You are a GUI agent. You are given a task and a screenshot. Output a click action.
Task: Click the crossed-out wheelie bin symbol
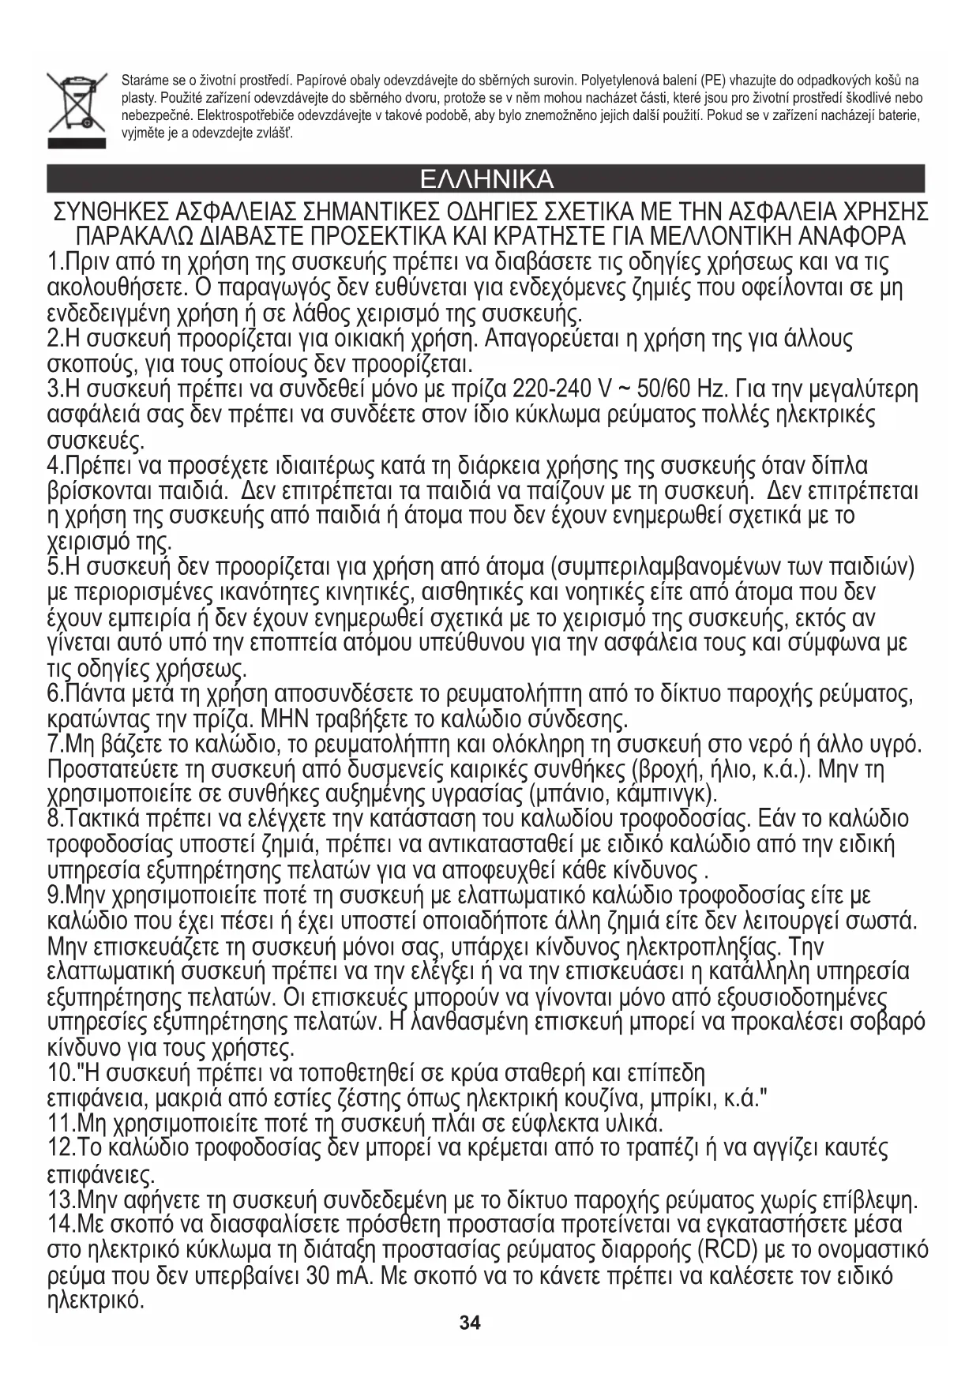click(x=77, y=107)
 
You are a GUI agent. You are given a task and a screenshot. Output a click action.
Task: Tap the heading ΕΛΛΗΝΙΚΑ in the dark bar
click(x=486, y=179)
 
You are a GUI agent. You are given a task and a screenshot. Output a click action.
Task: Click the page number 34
click(x=471, y=1323)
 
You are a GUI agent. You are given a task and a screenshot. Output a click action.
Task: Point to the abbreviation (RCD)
click(x=727, y=1251)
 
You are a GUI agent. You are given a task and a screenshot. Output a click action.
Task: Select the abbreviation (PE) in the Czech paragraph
click(x=713, y=81)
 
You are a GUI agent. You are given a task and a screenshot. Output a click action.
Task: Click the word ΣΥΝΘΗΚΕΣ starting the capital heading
click(x=110, y=213)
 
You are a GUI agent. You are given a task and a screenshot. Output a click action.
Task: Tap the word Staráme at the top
click(x=142, y=81)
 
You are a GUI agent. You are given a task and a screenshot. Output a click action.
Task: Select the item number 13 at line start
click(x=61, y=1201)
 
